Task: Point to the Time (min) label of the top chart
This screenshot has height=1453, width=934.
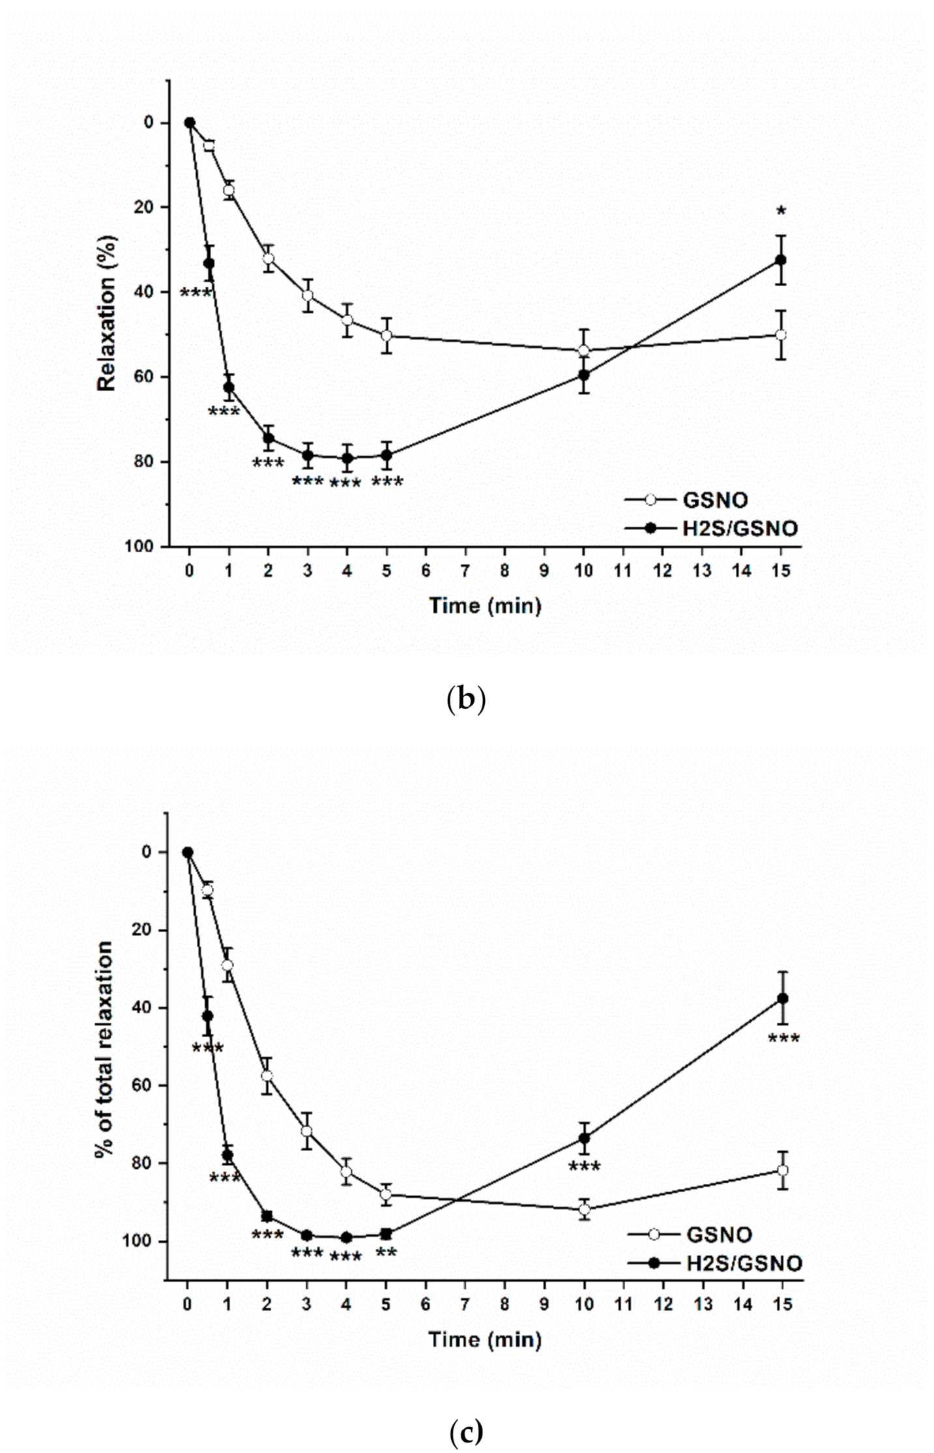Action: (x=485, y=606)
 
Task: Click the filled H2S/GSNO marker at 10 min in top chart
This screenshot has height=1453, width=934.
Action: (x=584, y=375)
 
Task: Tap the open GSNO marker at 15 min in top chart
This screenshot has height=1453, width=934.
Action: (x=781, y=334)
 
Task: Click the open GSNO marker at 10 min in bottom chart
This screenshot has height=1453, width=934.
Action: (x=585, y=1209)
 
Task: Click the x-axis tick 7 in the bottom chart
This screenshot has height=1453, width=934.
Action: (x=465, y=1303)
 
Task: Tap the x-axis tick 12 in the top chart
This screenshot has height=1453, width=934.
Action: (x=663, y=570)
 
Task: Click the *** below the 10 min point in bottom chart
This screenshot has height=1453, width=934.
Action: (x=585, y=1167)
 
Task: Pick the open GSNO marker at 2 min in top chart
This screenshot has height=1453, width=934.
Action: (x=268, y=258)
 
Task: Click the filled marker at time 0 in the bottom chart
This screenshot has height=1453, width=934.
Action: (x=188, y=852)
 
